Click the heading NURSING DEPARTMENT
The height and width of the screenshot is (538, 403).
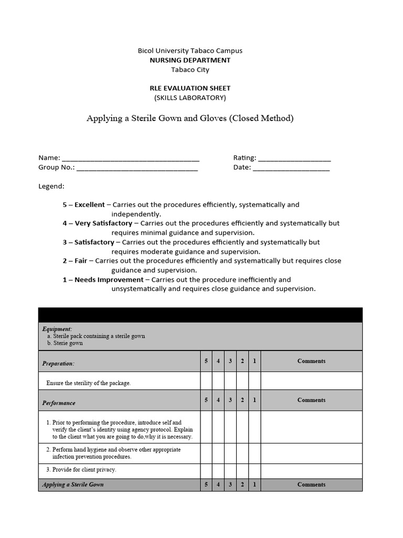pos(189,60)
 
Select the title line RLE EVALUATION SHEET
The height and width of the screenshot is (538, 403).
pos(189,88)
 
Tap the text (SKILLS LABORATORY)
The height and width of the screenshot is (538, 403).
pos(189,98)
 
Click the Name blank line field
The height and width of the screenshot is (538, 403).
pos(131,158)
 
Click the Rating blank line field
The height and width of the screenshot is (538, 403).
pos(294,158)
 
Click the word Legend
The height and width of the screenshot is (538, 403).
pos(51,187)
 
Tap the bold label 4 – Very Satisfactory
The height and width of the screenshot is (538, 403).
pos(98,223)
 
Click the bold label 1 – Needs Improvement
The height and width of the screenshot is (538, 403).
pos(103,280)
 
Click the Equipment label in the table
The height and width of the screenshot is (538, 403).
pos(57,329)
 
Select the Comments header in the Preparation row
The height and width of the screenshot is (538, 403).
pos(311,361)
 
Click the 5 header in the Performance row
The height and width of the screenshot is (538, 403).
pos(206,400)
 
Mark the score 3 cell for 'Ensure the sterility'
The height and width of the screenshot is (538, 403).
pos(230,381)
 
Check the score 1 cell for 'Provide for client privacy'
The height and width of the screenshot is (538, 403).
pos(254,471)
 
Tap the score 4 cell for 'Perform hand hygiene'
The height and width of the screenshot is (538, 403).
pos(218,453)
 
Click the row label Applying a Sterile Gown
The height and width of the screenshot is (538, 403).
pos(73,485)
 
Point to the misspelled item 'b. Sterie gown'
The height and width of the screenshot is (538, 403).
pos(65,344)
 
